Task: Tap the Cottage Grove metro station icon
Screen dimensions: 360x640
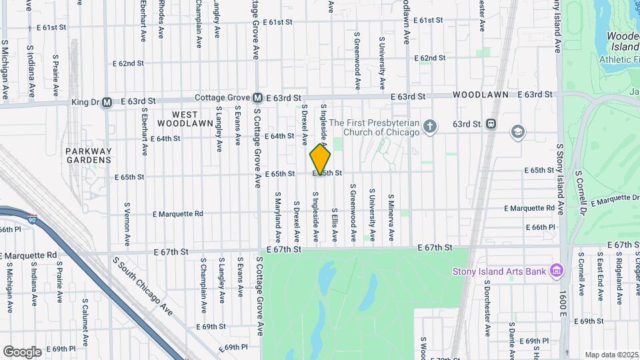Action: click(257, 98)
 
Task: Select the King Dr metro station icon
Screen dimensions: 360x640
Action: click(107, 102)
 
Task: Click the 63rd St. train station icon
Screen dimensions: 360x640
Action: click(491, 123)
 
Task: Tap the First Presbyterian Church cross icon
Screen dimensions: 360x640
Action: click(431, 126)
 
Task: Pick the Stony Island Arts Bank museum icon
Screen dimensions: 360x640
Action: click(557, 271)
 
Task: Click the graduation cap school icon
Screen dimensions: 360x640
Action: click(517, 132)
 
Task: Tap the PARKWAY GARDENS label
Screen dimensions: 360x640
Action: click(88, 155)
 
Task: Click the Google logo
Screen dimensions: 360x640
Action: click(22, 351)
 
